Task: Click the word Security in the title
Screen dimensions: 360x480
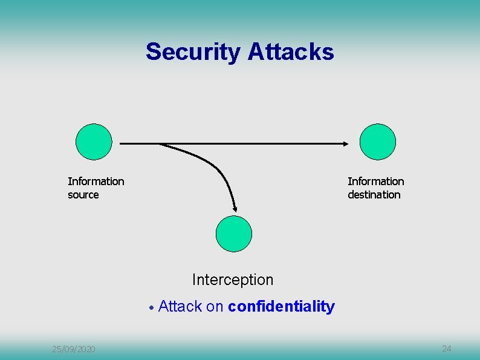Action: (193, 52)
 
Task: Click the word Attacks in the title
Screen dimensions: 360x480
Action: (291, 52)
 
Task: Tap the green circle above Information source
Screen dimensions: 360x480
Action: (94, 142)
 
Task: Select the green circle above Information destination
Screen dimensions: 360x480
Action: (377, 142)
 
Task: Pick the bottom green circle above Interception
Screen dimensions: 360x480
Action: (234, 234)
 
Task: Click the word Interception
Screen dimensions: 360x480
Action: (233, 280)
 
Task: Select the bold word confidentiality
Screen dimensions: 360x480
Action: (281, 307)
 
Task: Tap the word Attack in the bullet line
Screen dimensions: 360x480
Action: (180, 307)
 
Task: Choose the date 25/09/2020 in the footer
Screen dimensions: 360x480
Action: (73, 349)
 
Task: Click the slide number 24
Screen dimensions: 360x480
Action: (447, 349)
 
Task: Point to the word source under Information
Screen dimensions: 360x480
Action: (83, 195)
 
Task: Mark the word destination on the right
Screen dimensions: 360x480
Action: (374, 195)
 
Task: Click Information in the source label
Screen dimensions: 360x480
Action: (96, 182)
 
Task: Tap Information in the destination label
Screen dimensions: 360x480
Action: (376, 182)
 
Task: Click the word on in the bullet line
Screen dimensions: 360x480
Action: (215, 307)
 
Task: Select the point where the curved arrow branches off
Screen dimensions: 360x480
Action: (160, 144)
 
